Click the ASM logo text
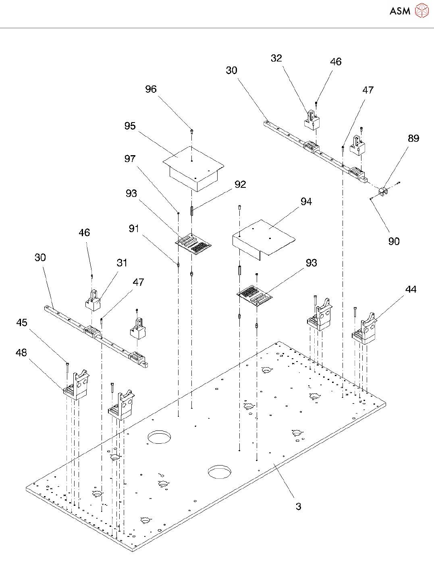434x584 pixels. click(400, 11)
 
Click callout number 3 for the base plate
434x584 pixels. click(298, 507)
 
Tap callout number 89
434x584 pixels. click(413, 138)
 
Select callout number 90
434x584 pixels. click(394, 241)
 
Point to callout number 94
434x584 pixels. click(306, 202)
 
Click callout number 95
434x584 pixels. click(130, 126)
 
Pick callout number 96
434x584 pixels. click(151, 89)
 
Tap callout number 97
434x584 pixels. click(130, 158)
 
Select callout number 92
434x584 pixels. click(240, 184)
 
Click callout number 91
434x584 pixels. click(134, 229)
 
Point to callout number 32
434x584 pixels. click(276, 58)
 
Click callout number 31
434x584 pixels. click(122, 263)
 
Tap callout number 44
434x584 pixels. click(411, 289)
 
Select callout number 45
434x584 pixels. click(22, 322)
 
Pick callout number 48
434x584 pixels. click(21, 353)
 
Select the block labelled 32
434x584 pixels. click(311, 120)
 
